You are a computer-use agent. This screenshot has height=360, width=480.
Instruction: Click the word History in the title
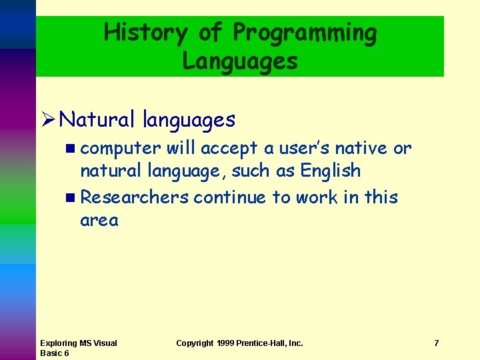pyautogui.click(x=146, y=32)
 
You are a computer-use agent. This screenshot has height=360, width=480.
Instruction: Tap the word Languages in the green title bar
pyautogui.click(x=240, y=61)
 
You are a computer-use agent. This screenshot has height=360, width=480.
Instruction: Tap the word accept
pyautogui.click(x=229, y=148)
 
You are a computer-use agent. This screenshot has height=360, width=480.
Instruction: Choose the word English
pyautogui.click(x=330, y=171)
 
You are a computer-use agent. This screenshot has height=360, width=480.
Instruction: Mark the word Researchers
pyautogui.click(x=135, y=197)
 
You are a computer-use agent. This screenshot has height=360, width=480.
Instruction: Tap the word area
pyautogui.click(x=99, y=221)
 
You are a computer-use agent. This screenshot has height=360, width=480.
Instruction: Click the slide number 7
pyautogui.click(x=436, y=343)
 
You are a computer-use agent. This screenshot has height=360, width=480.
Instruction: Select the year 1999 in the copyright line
pyautogui.click(x=227, y=343)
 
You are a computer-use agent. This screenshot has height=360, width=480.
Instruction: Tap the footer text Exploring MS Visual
pyautogui.click(x=78, y=343)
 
